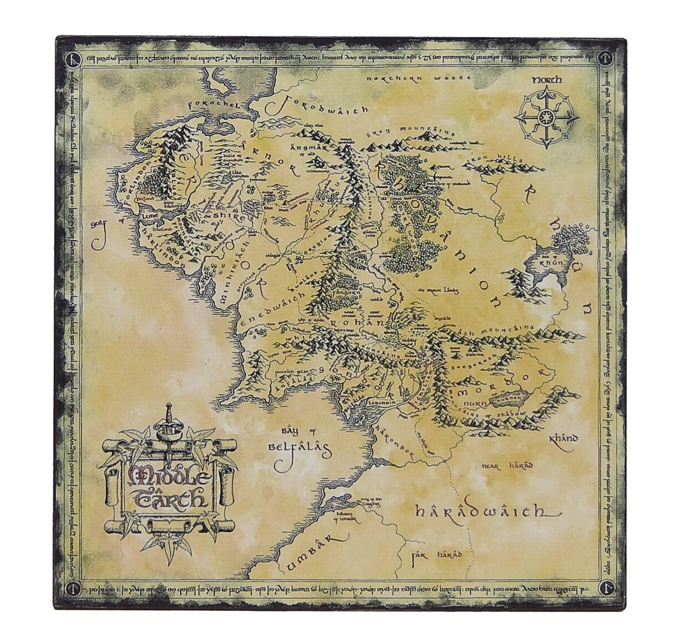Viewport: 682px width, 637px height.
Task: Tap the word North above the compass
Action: click(546, 80)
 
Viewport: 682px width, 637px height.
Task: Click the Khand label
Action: click(563, 439)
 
